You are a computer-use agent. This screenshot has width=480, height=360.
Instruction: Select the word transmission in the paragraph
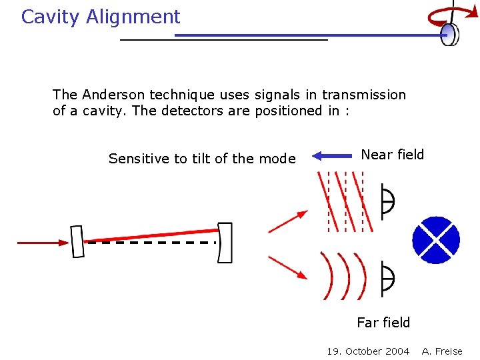(366, 95)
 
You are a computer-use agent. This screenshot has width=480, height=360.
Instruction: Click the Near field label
(392, 155)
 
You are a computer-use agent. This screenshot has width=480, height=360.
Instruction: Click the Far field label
(383, 323)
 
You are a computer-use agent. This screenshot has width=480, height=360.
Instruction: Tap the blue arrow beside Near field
(332, 156)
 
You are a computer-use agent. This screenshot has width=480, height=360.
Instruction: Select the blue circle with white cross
(436, 240)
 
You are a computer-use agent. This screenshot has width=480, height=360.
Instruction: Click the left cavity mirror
(77, 241)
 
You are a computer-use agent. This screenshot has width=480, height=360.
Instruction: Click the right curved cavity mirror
(225, 243)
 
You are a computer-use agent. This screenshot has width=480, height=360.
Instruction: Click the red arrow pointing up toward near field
(288, 221)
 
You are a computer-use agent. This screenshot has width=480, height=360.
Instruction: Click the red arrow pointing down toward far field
(288, 267)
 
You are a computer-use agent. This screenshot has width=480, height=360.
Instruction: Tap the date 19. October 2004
(368, 351)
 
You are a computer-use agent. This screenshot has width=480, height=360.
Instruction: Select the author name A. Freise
(442, 351)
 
